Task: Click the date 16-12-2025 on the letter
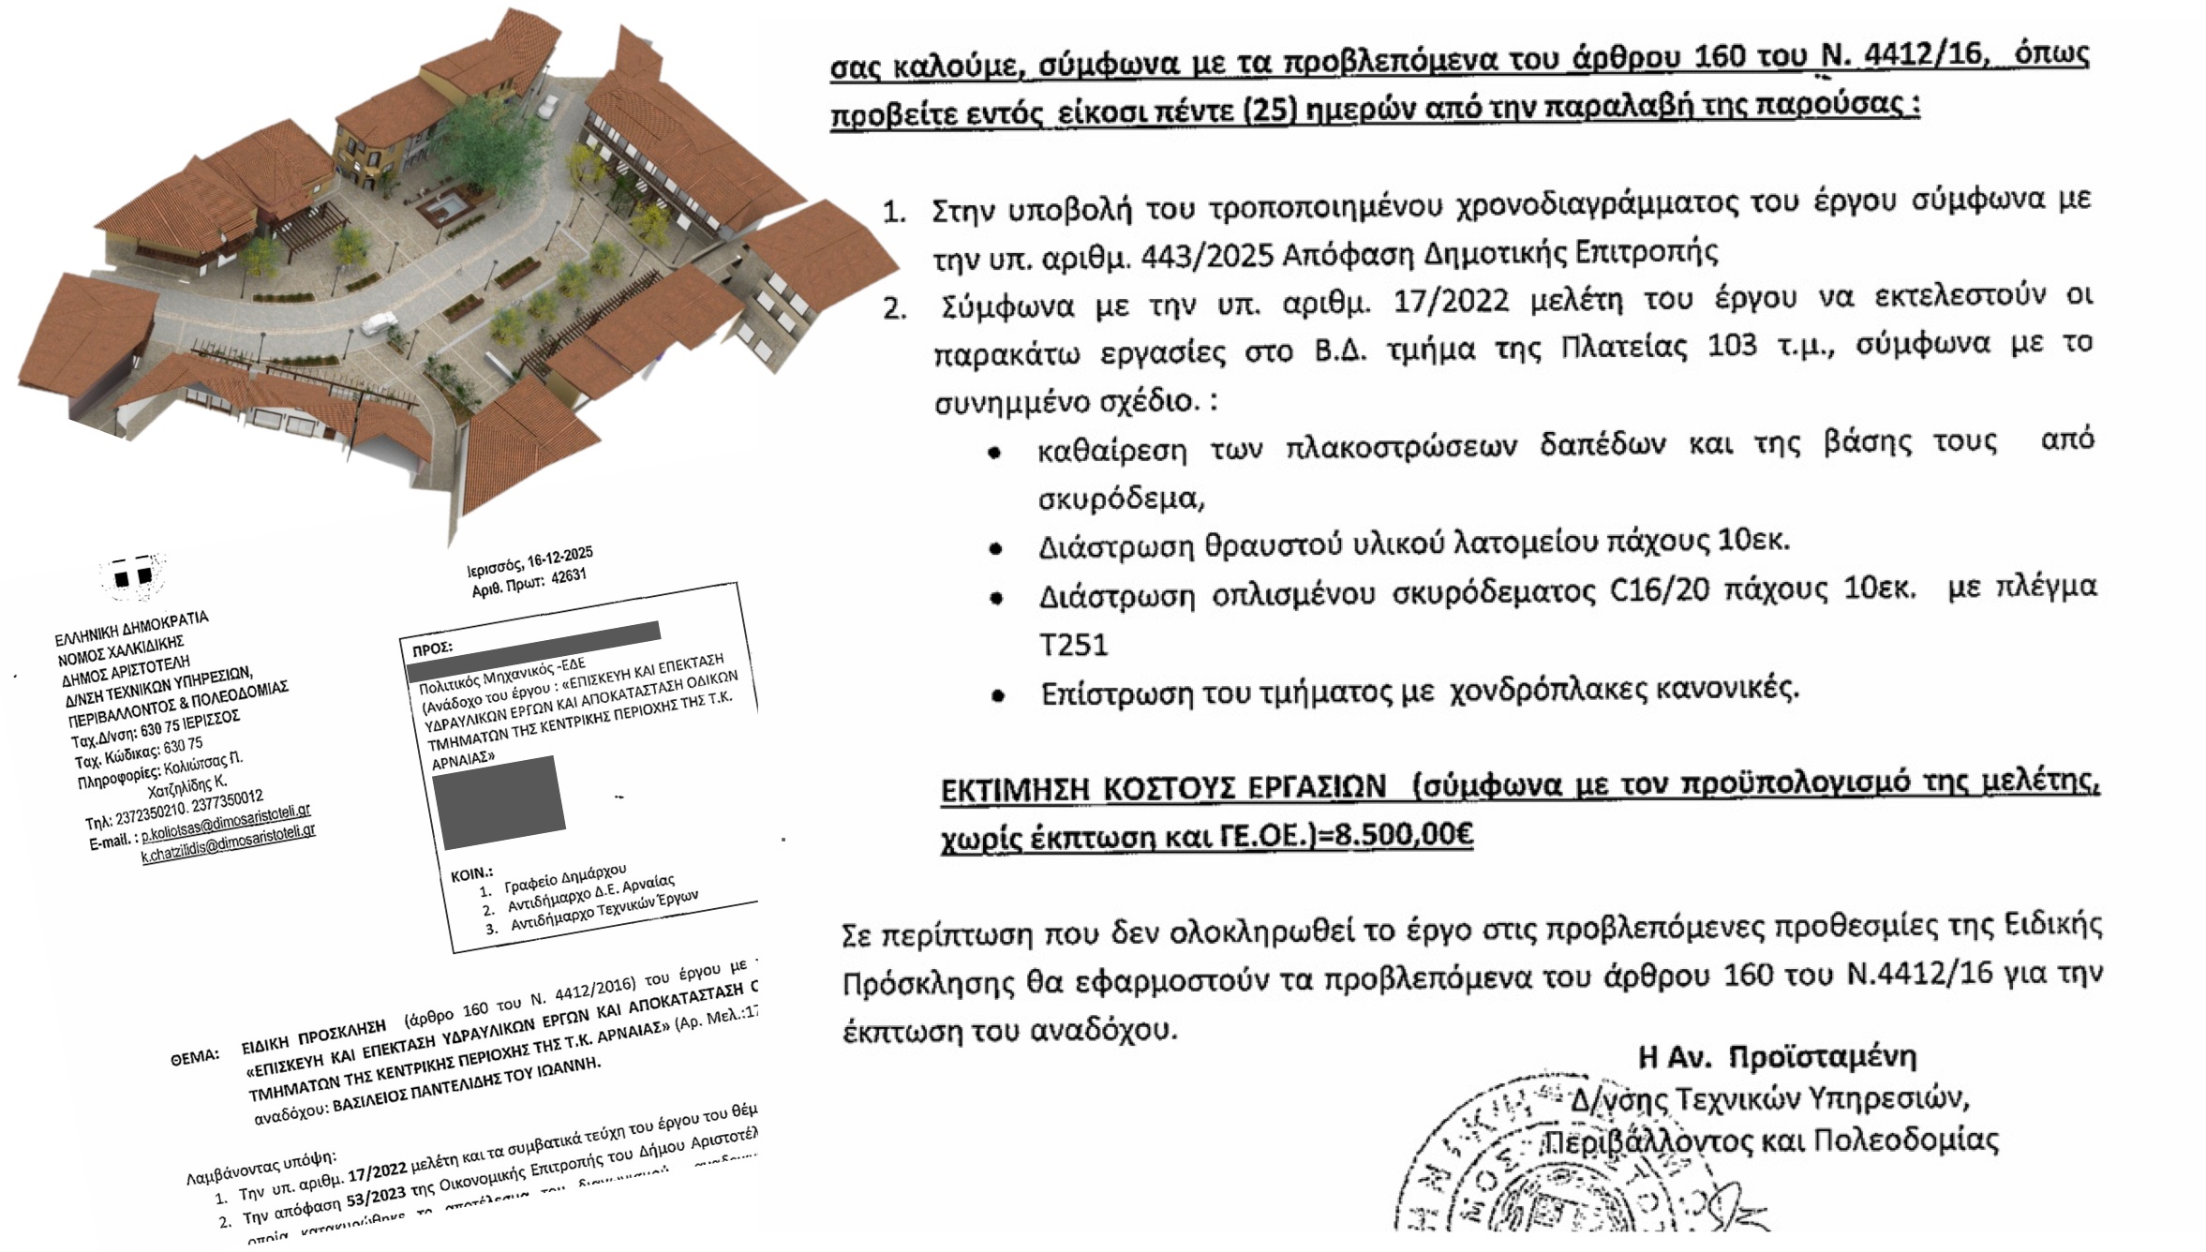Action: [559, 559]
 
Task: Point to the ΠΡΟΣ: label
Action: [432, 648]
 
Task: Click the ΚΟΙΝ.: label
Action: [471, 874]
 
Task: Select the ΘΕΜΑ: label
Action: [195, 1056]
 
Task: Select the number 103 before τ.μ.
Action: [1733, 346]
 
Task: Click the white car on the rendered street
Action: [380, 323]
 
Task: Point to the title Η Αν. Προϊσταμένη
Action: [1776, 1057]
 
